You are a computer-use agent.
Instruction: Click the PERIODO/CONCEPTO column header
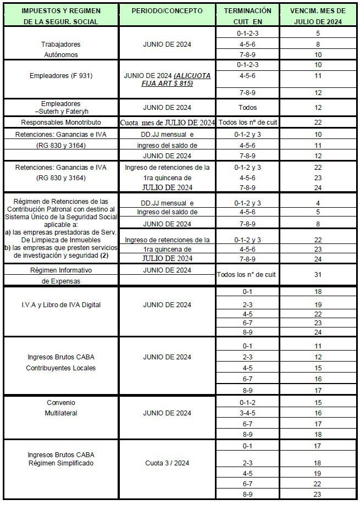(168, 10)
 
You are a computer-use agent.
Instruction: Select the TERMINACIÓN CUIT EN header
(248, 15)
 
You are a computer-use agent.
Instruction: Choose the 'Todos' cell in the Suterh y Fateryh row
(248, 108)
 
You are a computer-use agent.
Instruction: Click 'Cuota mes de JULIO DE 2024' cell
(168, 123)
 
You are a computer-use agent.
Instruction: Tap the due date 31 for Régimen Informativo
(318, 274)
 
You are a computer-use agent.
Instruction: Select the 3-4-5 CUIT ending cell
(248, 413)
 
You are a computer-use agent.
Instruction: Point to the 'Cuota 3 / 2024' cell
(168, 463)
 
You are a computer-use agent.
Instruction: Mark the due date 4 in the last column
(318, 203)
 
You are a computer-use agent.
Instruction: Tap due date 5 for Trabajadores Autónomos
(318, 33)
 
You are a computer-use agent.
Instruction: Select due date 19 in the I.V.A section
(318, 304)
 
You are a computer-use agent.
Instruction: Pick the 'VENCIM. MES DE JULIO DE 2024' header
(318, 15)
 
